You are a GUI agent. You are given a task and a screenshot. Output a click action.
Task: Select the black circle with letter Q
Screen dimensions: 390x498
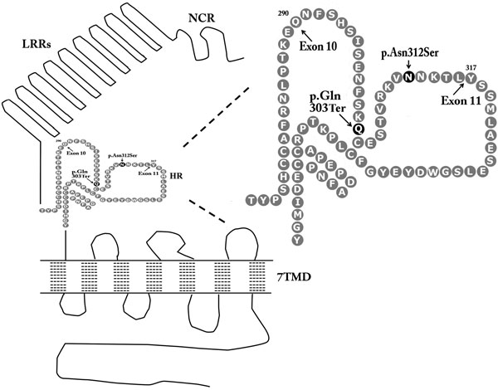pos(358,129)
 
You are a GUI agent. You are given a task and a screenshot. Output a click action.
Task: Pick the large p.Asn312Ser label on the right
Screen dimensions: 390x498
pos(408,51)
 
